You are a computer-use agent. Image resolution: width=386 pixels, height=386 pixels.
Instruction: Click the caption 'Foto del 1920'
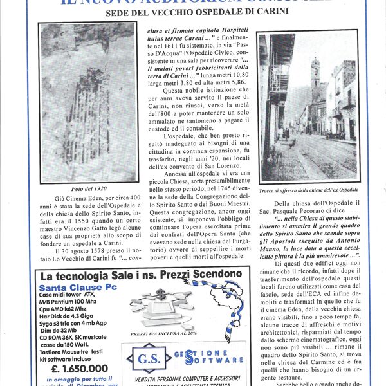pos(88,188)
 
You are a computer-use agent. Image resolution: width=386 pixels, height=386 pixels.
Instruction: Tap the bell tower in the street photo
pos(315,80)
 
